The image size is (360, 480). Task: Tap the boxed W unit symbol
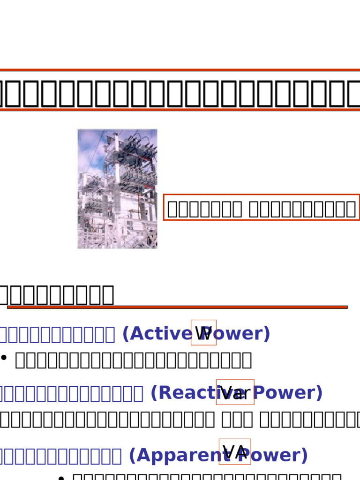point(203,333)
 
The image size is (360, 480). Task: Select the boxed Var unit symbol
point(235,392)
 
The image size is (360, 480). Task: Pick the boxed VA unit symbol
point(235,452)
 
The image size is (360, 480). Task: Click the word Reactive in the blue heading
point(183,393)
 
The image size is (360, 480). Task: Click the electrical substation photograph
point(117,189)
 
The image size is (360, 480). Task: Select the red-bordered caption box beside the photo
point(262,208)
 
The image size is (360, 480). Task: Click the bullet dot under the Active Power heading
point(4,358)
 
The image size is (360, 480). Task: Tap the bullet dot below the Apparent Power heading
point(60,477)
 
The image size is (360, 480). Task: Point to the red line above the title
point(180,70)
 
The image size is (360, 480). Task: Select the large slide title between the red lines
point(180,94)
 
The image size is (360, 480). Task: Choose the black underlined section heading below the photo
point(56,294)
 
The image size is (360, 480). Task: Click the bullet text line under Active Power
point(134,360)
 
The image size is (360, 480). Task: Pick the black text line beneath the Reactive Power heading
point(180,420)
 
